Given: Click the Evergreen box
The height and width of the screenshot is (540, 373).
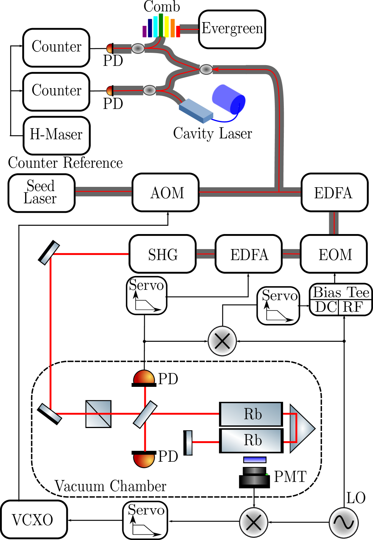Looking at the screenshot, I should pyautogui.click(x=232, y=29).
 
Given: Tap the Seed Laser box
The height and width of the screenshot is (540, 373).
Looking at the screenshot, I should pyautogui.click(x=41, y=193).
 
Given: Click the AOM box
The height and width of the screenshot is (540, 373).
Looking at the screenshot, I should pyautogui.click(x=166, y=192).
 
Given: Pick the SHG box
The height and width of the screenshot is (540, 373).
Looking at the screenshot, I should pyautogui.click(x=163, y=254).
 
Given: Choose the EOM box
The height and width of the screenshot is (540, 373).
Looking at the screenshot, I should pyautogui.click(x=334, y=254).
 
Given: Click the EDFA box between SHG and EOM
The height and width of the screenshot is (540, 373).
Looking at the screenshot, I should pyautogui.click(x=249, y=254).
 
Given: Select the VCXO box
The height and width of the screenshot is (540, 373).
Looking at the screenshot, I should pyautogui.click(x=34, y=520).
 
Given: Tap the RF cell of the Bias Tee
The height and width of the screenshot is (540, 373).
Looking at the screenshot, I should pyautogui.click(x=354, y=307).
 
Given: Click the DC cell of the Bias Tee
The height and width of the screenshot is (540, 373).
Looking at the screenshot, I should pyautogui.click(x=325, y=307).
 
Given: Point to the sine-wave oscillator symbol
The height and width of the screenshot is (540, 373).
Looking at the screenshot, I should pyautogui.click(x=343, y=522).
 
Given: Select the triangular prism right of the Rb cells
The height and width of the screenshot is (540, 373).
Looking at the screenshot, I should pyautogui.click(x=300, y=428).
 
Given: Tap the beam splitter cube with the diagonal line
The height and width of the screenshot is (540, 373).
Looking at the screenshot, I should pyautogui.click(x=98, y=414).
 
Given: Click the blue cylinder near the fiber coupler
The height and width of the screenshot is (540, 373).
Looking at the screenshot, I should pyautogui.click(x=228, y=99).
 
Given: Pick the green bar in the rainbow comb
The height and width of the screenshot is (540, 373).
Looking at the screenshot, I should pyautogui.click(x=161, y=25).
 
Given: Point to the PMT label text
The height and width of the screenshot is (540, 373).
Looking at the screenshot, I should pyautogui.click(x=290, y=477).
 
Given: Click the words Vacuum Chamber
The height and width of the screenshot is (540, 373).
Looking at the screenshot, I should pyautogui.click(x=110, y=486).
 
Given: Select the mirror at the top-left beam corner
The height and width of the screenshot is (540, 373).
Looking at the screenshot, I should pyautogui.click(x=50, y=254).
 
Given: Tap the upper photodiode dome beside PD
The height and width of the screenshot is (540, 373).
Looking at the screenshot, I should pyautogui.click(x=144, y=377).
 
